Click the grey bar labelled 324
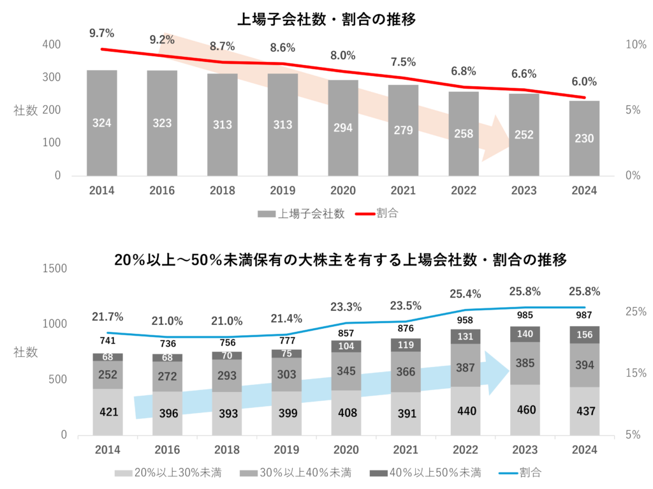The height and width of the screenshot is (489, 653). click(x=101, y=123)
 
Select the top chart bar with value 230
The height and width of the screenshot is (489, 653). click(x=584, y=138)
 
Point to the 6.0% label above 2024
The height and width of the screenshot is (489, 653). click(x=584, y=82)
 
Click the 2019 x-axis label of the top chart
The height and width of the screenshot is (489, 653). click(x=282, y=191)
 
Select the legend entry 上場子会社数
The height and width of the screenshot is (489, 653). click(x=301, y=214)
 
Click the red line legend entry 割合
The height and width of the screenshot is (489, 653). click(x=378, y=214)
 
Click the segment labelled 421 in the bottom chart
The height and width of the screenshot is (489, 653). click(x=109, y=412)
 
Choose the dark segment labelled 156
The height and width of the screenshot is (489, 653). click(x=584, y=335)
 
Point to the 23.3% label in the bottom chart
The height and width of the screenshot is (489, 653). click(x=346, y=307)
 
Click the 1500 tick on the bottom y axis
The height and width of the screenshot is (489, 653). click(x=54, y=269)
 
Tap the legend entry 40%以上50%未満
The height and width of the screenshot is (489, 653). click(x=427, y=473)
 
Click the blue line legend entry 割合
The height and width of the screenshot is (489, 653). click(x=519, y=473)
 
